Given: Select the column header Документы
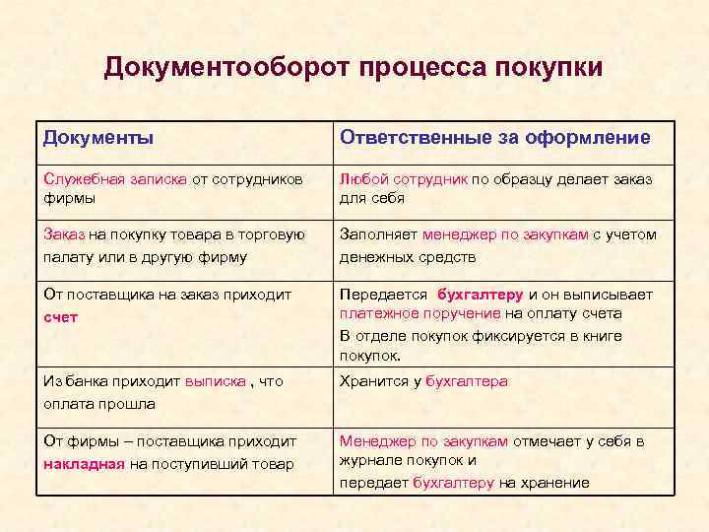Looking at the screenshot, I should point(97,138).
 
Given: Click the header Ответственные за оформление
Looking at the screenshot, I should point(494,138).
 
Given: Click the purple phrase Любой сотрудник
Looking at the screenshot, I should point(403,180).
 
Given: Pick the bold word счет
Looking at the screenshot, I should point(61,317).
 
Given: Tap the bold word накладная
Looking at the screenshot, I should point(84,464).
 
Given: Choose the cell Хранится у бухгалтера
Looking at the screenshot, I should point(423,381).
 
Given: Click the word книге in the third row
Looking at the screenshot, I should point(602,336).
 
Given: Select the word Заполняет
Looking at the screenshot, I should point(379,235).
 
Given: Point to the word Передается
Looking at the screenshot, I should point(383,295).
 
